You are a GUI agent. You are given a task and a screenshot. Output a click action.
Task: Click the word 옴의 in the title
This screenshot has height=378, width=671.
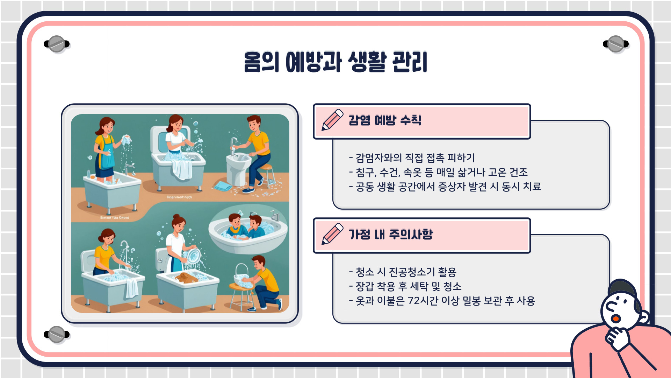261,62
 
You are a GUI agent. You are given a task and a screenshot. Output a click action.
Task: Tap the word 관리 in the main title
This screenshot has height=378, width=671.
410,62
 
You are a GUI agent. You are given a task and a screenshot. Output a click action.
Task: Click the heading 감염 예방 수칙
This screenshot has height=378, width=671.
385,120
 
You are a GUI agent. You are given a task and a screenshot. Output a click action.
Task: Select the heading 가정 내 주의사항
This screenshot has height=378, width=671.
391,234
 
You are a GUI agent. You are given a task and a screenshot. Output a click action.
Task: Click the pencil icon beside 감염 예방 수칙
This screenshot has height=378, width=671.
332,120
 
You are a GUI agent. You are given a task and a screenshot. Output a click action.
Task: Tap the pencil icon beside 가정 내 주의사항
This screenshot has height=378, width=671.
332,234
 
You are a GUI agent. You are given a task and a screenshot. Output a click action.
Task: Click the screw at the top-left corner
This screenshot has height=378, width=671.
57,44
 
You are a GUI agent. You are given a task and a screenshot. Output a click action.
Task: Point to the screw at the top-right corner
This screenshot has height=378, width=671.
616,44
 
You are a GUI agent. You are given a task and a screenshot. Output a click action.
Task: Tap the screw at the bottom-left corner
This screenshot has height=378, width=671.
57,334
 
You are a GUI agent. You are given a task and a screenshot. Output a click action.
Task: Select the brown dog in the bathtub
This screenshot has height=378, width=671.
187,278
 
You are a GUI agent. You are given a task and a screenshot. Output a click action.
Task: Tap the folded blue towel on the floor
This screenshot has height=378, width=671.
223,186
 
